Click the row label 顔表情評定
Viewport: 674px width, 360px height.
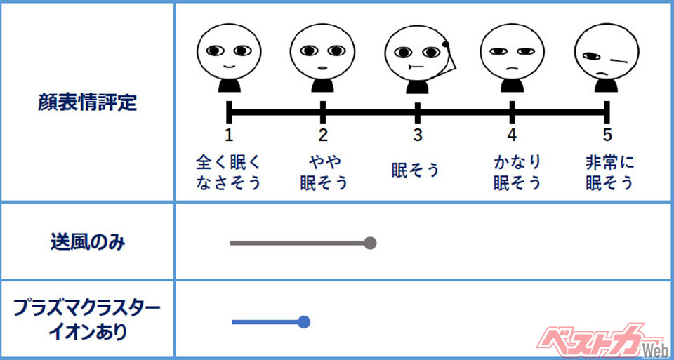pyautogui.click(x=87, y=102)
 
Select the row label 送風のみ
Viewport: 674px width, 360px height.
pyautogui.click(x=88, y=243)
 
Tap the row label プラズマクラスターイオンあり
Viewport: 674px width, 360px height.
pyautogui.click(x=88, y=319)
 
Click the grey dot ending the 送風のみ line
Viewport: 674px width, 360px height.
pyautogui.click(x=371, y=244)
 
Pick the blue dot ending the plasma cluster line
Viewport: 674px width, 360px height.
pyautogui.click(x=304, y=322)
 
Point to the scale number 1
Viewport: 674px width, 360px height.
pyautogui.click(x=229, y=135)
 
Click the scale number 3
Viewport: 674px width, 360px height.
pyautogui.click(x=418, y=135)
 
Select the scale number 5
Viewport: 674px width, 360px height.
pyautogui.click(x=607, y=135)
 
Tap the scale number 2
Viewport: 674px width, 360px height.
pyautogui.click(x=323, y=135)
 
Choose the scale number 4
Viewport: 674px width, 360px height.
pyautogui.click(x=513, y=135)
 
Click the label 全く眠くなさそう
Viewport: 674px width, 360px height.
pyautogui.click(x=229, y=173)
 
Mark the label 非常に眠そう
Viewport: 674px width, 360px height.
pyautogui.click(x=609, y=173)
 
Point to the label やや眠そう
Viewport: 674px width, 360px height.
pyautogui.click(x=323, y=173)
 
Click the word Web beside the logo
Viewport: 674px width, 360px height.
pyautogui.click(x=654, y=349)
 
